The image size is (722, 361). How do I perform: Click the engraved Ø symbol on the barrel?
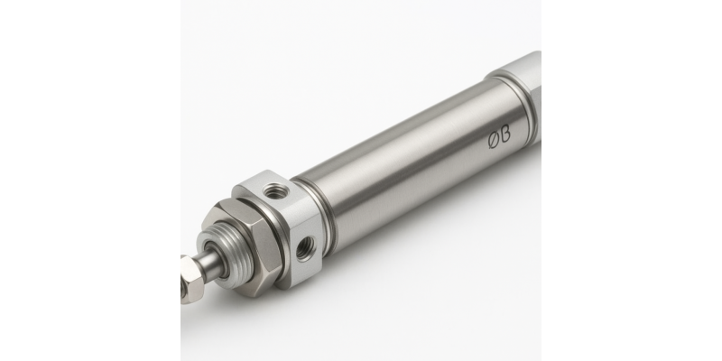(494, 140)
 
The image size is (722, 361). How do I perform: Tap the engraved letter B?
(505, 134)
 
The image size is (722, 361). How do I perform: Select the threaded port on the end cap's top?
(275, 190)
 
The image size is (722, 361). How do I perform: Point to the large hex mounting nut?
(245, 244)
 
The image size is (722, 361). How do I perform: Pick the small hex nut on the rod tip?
(190, 279)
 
